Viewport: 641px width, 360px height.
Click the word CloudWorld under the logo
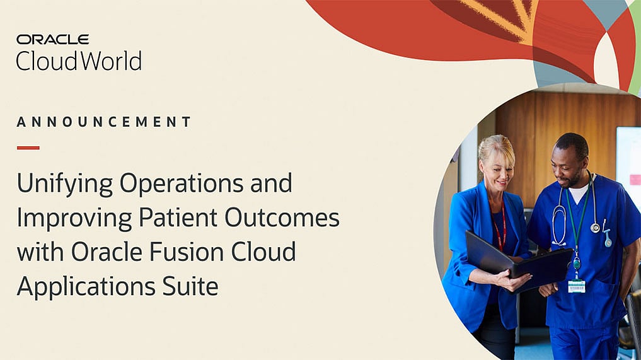point(79,61)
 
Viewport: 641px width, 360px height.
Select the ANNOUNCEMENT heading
point(104,122)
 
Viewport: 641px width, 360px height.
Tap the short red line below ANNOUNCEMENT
point(28,148)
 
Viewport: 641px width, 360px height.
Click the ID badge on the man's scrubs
point(576,285)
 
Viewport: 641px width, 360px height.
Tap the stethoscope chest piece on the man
point(595,227)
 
